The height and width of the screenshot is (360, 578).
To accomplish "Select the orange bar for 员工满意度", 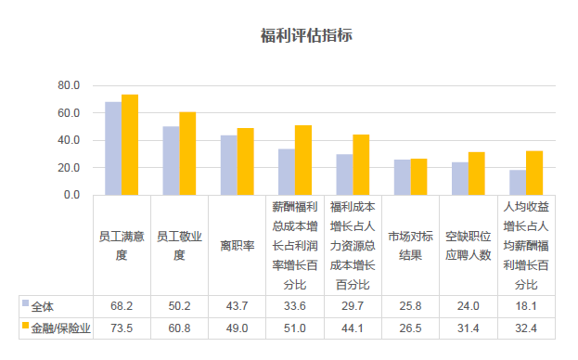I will (130, 145).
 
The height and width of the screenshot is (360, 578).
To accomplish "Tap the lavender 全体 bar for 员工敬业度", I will (171, 161).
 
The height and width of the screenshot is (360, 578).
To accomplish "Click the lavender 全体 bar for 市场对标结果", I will (402, 177).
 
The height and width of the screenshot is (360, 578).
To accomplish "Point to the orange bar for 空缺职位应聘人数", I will (476, 174).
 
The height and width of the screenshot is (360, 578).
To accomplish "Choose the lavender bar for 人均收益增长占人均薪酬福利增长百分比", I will (517, 183).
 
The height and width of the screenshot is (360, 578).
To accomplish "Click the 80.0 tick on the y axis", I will (70, 85).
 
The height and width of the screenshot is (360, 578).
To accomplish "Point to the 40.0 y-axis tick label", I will (70, 140).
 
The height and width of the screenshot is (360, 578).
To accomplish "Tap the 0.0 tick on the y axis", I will (72, 195).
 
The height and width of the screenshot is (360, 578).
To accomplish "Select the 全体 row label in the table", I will (43, 305).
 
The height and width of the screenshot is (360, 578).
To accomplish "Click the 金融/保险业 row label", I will (57, 328).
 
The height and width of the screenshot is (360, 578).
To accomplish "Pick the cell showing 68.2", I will (122, 305).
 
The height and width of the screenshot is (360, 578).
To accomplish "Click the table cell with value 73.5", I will (122, 328).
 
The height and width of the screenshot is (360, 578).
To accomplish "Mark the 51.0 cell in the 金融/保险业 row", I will (295, 328).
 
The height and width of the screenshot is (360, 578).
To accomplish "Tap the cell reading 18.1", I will (526, 305).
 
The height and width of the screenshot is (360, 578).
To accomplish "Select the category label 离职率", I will (238, 246).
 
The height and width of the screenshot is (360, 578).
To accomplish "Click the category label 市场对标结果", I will (410, 246).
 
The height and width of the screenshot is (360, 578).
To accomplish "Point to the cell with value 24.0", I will (468, 305).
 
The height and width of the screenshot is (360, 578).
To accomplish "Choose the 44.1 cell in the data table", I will (353, 328).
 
